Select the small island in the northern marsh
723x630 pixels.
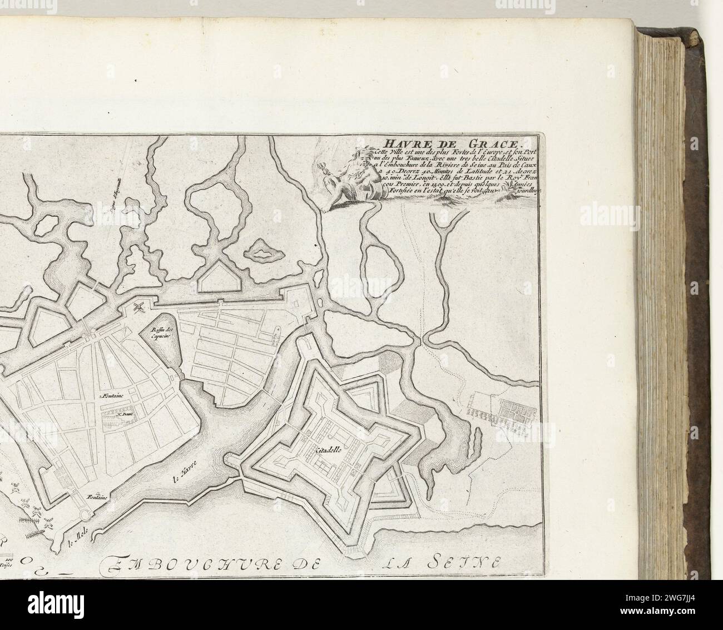click(261, 249)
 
